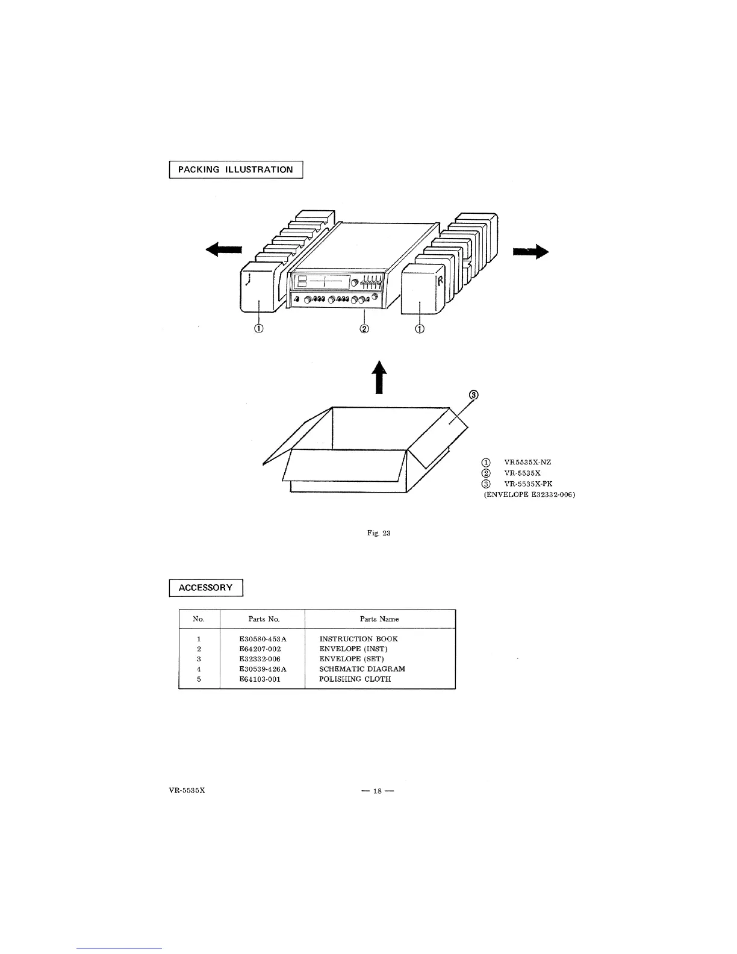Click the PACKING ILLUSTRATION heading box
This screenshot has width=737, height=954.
(x=235, y=170)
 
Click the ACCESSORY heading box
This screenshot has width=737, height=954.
(x=205, y=588)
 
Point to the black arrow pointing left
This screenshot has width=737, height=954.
(x=223, y=249)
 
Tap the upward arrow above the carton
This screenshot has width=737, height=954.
(x=378, y=376)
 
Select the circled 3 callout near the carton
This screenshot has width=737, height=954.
(x=474, y=396)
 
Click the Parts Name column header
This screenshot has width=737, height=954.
(x=379, y=619)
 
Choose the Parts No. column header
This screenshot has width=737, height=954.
(x=264, y=619)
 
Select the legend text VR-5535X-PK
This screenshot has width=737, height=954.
(x=528, y=484)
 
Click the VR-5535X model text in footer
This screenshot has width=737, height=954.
(x=187, y=790)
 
